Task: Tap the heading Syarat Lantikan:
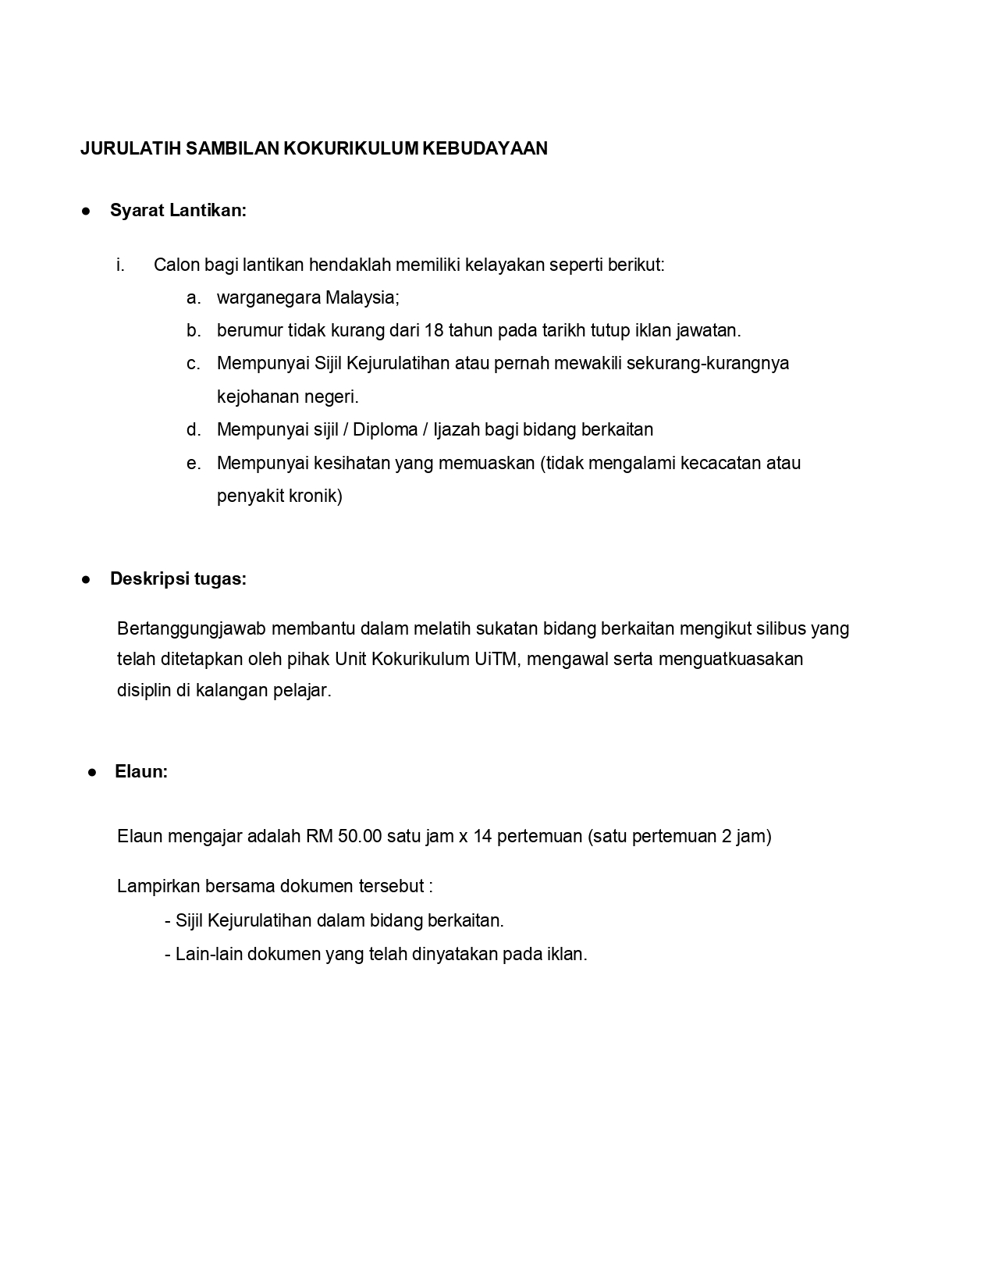pos(178,211)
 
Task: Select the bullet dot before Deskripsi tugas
pos(87,579)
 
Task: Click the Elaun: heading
pos(141,772)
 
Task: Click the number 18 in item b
pos(434,330)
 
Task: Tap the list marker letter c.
pos(194,364)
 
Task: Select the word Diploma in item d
pos(386,429)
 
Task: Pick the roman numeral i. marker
pos(120,265)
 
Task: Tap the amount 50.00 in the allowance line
pos(360,837)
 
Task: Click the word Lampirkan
pos(158,887)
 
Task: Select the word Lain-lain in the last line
pos(208,954)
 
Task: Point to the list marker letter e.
pos(194,463)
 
